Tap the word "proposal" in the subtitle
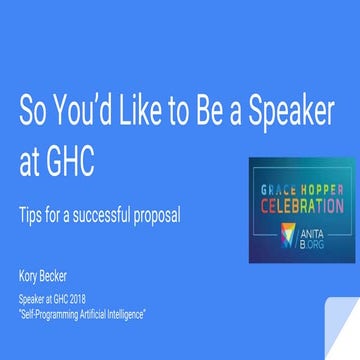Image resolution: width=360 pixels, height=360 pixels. (x=158, y=217)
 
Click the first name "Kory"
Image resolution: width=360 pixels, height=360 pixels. (x=29, y=272)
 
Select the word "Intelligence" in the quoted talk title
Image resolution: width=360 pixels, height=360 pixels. (x=136, y=314)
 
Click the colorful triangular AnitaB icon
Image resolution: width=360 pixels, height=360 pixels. (x=288, y=237)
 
